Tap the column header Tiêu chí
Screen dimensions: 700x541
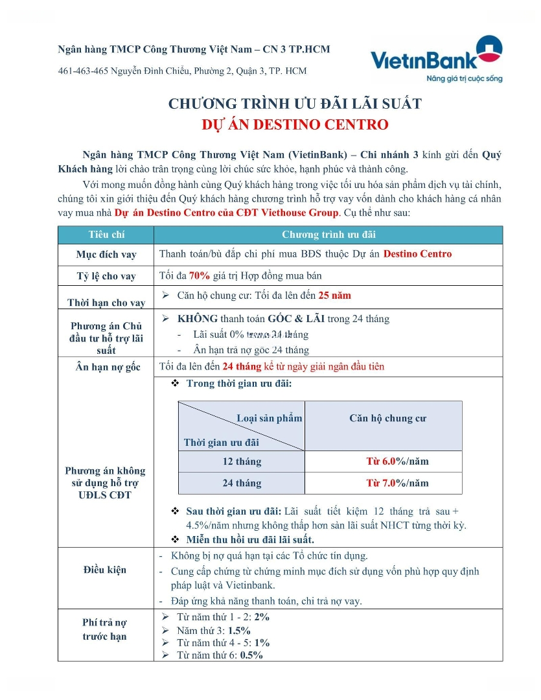pyautogui.click(x=108, y=235)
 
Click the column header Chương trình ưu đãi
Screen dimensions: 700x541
pyautogui.click(x=328, y=235)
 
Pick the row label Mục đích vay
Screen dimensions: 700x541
pyautogui.click(x=106, y=254)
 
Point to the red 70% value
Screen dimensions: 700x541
pyautogui.click(x=200, y=275)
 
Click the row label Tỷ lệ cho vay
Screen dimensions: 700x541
pyautogui.click(x=106, y=276)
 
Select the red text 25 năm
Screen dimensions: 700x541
pyautogui.click(x=334, y=296)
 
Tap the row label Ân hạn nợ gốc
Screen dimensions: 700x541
pyautogui.click(x=106, y=367)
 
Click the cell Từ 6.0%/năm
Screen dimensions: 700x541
pyautogui.click(x=397, y=461)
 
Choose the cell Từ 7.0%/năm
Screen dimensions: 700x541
pyautogui.click(x=397, y=483)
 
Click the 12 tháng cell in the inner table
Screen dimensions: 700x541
pyautogui.click(x=242, y=461)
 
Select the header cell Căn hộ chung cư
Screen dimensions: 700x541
pyautogui.click(x=387, y=418)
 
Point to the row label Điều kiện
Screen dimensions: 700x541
pyautogui.click(x=105, y=570)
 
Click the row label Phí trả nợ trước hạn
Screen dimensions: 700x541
pyautogui.click(x=105, y=629)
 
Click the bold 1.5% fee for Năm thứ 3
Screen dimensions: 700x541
pyautogui.click(x=239, y=630)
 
